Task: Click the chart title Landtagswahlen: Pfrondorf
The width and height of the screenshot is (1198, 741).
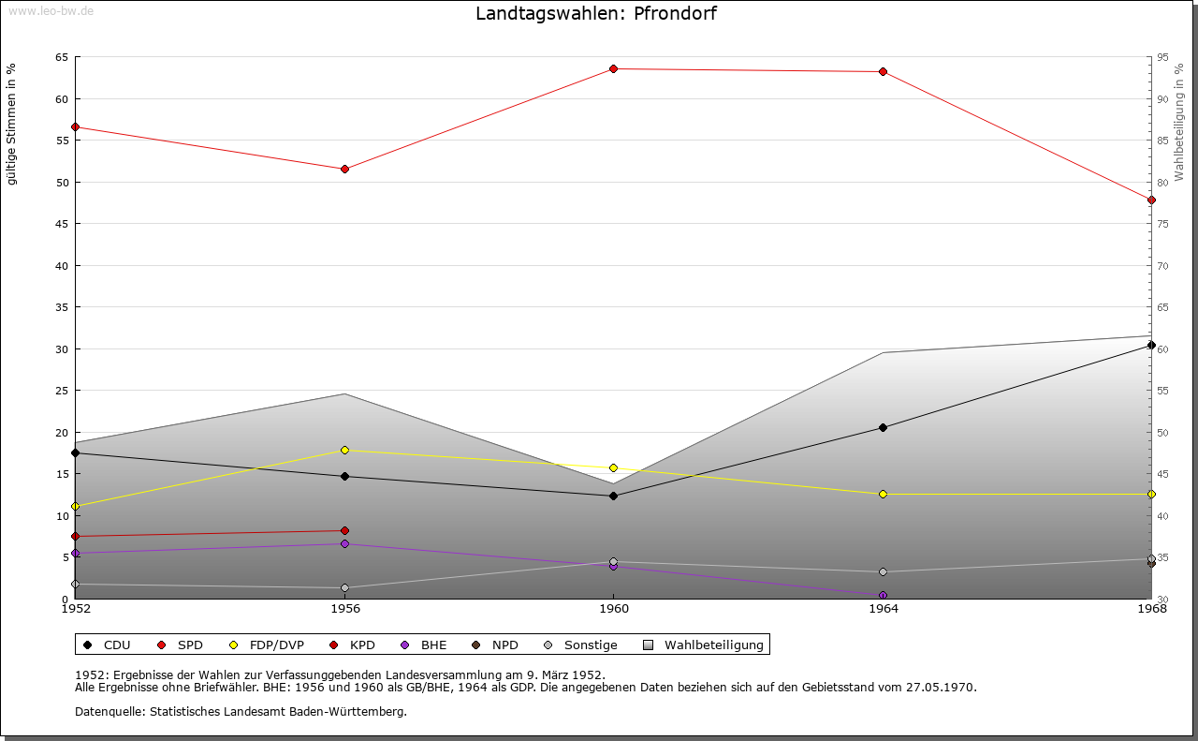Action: tap(596, 13)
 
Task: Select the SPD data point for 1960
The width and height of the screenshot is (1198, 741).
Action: tap(613, 68)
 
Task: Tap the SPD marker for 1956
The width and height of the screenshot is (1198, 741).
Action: tap(344, 169)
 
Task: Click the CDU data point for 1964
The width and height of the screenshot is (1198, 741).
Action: tap(883, 427)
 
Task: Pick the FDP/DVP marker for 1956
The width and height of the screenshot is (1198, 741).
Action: tap(344, 450)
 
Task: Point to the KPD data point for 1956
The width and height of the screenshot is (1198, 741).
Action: tap(344, 530)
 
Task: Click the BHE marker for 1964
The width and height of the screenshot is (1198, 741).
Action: tap(883, 595)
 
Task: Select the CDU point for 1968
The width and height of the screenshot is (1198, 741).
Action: tap(1151, 345)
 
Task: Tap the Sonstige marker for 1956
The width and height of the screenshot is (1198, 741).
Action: tap(344, 587)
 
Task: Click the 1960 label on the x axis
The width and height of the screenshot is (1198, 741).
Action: tap(613, 608)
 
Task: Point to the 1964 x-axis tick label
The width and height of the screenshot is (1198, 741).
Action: tap(883, 608)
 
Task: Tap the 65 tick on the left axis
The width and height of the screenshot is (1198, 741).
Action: tap(62, 57)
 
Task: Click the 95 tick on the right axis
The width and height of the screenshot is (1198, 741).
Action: tap(1163, 57)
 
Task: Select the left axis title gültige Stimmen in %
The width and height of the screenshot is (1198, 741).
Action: tap(11, 124)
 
